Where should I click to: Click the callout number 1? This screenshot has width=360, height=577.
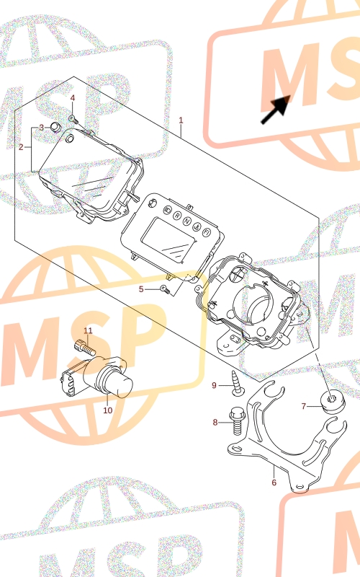pyautogui.click(x=181, y=120)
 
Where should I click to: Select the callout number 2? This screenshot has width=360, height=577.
pyautogui.click(x=21, y=147)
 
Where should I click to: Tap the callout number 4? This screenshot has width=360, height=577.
pyautogui.click(x=73, y=98)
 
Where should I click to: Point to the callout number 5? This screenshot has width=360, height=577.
pyautogui.click(x=141, y=289)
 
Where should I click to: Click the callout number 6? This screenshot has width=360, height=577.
pyautogui.click(x=274, y=482)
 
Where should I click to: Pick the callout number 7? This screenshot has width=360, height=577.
pyautogui.click(x=303, y=406)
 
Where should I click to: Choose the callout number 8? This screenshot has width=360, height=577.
pyautogui.click(x=215, y=422)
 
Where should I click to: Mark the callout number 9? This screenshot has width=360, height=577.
pyautogui.click(x=214, y=385)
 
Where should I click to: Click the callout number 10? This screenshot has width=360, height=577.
pyautogui.click(x=107, y=410)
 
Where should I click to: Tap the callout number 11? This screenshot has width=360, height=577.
pyautogui.click(x=88, y=331)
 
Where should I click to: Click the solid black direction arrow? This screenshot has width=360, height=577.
pyautogui.click(x=276, y=110)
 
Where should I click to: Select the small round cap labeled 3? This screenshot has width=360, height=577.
pyautogui.click(x=55, y=127)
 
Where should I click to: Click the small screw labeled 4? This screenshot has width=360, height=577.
pyautogui.click(x=73, y=118)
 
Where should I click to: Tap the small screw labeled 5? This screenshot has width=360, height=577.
pyautogui.click(x=166, y=290)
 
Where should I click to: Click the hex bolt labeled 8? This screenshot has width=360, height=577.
pyautogui.click(x=236, y=421)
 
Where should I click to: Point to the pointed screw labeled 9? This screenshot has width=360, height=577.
pyautogui.click(x=235, y=384)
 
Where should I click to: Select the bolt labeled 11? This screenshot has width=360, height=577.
pyautogui.click(x=85, y=347)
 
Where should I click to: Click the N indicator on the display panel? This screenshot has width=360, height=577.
pyautogui.click(x=187, y=221)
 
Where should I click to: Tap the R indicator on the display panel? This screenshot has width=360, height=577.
pyautogui.click(x=177, y=215)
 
